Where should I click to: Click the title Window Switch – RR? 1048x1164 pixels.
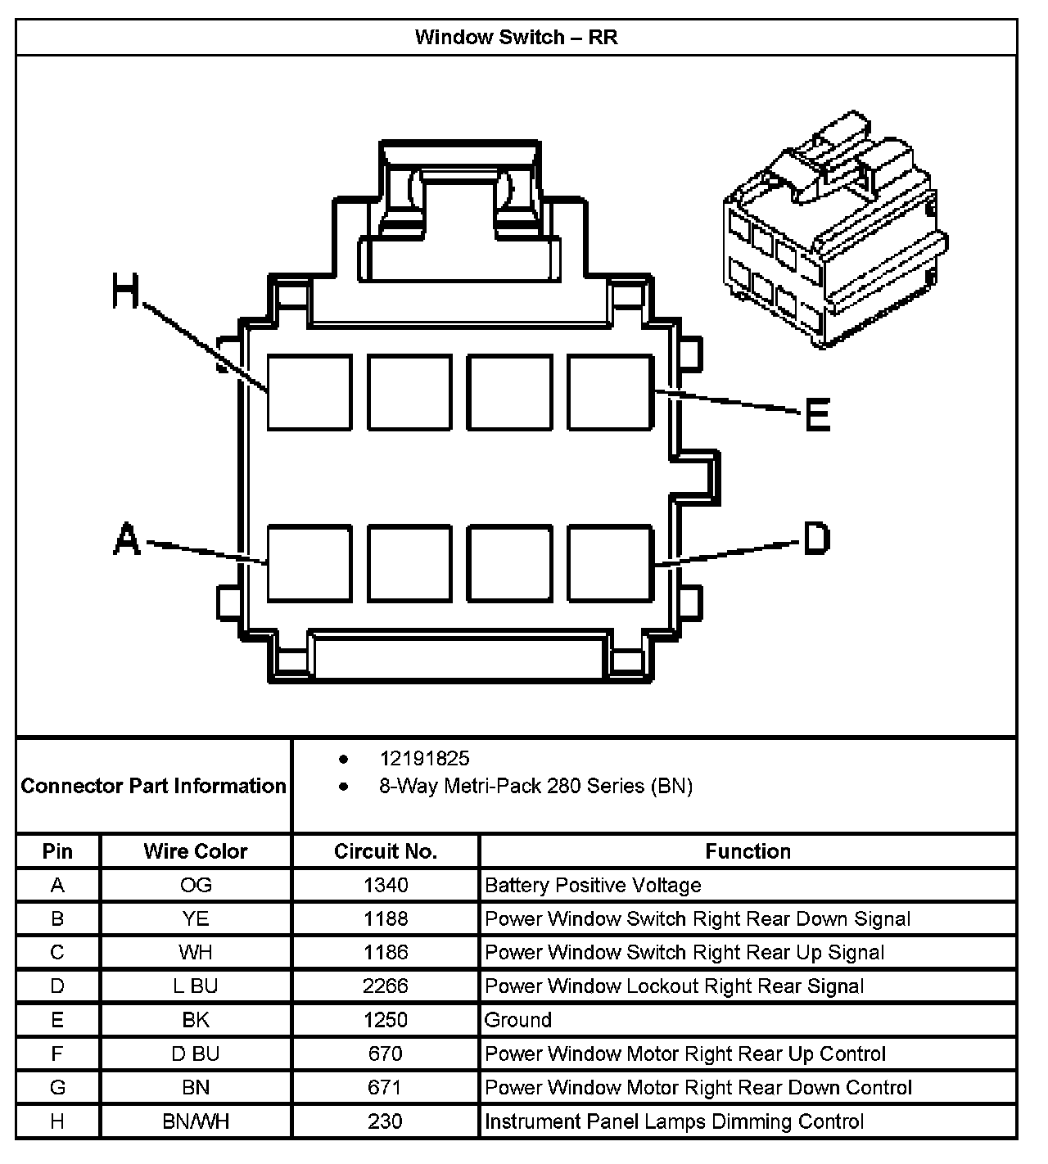point(516,37)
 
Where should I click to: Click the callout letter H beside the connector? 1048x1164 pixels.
point(127,292)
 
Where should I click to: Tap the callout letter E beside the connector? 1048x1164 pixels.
point(817,414)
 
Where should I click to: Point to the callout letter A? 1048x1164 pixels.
point(127,540)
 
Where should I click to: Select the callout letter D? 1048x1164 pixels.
point(816,538)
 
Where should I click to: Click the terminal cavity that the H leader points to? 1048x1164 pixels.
point(309,392)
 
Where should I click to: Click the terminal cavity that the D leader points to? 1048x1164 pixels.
point(610,563)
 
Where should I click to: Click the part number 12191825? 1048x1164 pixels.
point(424,759)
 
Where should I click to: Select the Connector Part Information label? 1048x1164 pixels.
point(154,786)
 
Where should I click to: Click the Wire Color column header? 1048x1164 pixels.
point(196,851)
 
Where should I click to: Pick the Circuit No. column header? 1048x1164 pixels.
point(386,851)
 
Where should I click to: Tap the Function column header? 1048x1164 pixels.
point(748,851)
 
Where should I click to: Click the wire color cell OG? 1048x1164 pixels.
point(196,885)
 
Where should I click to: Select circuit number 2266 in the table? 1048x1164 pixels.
point(386,986)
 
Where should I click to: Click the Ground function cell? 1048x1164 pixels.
point(518,1020)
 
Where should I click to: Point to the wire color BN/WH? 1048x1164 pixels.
point(196,1121)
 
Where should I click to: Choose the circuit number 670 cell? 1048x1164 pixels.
point(386,1053)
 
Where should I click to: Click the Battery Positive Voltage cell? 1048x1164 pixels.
point(593,885)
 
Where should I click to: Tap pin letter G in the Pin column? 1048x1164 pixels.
point(57,1087)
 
